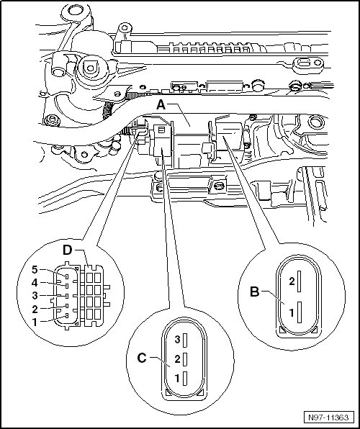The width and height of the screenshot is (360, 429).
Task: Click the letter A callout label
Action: pyautogui.click(x=161, y=105)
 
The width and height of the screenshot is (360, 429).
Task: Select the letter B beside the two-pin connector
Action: pyautogui.click(x=255, y=292)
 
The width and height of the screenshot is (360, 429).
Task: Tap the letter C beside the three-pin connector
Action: pyautogui.click(x=142, y=358)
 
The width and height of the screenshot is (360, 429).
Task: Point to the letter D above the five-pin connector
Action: pyautogui.click(x=68, y=250)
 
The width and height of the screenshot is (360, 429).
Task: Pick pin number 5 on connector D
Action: pyautogui.click(x=35, y=270)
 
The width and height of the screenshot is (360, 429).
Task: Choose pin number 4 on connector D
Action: pyautogui.click(x=35, y=283)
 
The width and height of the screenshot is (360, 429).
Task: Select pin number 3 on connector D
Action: pyautogui.click(x=35, y=296)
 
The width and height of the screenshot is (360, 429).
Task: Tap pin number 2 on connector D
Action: pyautogui.click(x=35, y=310)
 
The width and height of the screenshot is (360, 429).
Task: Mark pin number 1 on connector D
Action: pyautogui.click(x=35, y=322)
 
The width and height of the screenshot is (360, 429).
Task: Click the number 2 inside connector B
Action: pyautogui.click(x=292, y=281)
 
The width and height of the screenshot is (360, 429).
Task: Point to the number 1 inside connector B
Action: pyautogui.click(x=292, y=312)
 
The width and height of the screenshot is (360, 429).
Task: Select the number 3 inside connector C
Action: pyautogui.click(x=177, y=340)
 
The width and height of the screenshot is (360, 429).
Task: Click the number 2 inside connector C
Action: pyautogui.click(x=177, y=359)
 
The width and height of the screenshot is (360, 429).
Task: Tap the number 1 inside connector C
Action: pyautogui.click(x=177, y=379)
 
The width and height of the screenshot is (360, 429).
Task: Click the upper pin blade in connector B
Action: pyautogui.click(x=300, y=281)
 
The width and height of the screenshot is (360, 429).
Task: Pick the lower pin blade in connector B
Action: pyautogui.click(x=300, y=312)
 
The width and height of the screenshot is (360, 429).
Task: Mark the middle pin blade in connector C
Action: pyautogui.click(x=185, y=359)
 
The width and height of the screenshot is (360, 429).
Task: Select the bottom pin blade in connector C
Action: pyautogui.click(x=185, y=379)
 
